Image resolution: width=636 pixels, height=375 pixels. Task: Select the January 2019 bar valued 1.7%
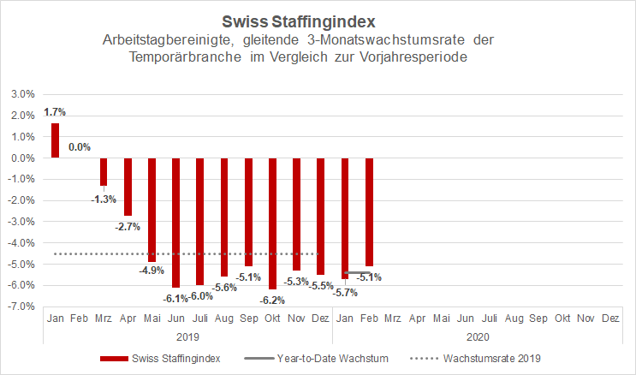coord(55,140)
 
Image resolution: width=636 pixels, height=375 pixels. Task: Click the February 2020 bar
coord(369,211)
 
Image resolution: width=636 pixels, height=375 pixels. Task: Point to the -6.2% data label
coord(273,301)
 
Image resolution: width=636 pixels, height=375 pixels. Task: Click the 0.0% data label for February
coord(80,147)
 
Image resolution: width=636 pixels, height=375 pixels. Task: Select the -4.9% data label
coord(151,271)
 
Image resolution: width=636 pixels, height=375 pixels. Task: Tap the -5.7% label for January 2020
coord(344,292)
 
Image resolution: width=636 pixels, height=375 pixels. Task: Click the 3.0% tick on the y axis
coord(21,95)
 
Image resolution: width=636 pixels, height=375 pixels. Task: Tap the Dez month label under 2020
coord(610,318)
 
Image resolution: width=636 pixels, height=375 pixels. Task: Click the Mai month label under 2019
coord(152,318)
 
